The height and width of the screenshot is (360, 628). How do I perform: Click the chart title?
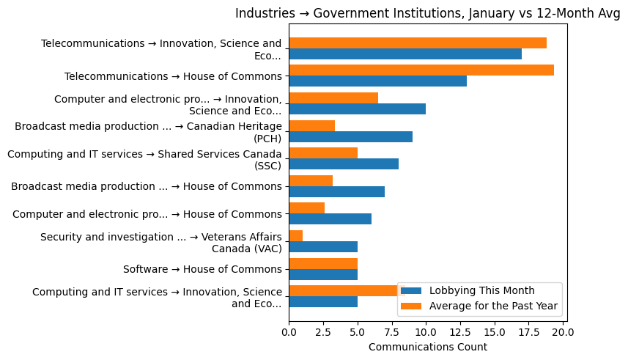point(427,13)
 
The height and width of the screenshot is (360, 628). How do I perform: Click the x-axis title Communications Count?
point(427,347)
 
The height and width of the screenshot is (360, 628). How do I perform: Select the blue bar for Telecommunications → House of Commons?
point(377,81)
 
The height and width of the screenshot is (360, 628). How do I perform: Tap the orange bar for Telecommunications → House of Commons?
point(421,70)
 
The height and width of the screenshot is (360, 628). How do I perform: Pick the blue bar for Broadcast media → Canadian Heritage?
point(350,136)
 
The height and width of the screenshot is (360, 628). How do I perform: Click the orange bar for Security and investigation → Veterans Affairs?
point(295,235)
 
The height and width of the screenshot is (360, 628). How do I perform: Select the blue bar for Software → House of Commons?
point(323,274)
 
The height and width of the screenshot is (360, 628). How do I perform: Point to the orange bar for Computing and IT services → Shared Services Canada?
point(323,153)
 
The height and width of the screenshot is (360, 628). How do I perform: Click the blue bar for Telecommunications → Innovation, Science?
point(405,54)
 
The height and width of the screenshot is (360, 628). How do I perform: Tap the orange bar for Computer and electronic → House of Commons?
point(306,208)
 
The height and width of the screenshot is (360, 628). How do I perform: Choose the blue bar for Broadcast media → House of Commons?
point(336,191)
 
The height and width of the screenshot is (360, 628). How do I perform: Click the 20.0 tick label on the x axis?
point(563,333)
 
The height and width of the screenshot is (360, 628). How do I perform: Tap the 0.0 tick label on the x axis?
point(289,333)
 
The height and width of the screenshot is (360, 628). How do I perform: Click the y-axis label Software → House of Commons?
point(202,269)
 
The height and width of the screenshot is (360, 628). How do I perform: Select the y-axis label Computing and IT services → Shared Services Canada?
point(144,159)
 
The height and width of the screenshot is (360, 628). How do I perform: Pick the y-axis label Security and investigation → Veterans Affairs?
point(161,242)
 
